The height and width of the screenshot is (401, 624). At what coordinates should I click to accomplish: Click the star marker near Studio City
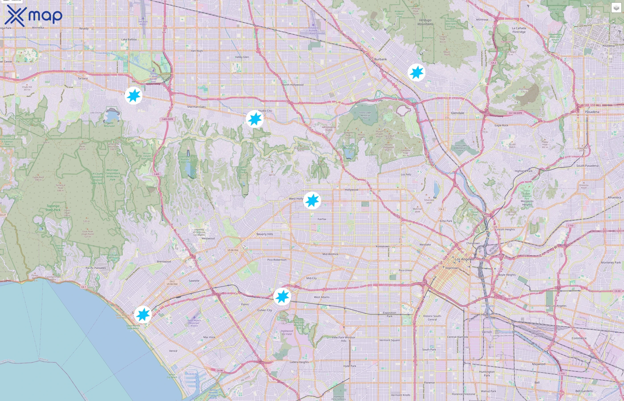coord(255,119)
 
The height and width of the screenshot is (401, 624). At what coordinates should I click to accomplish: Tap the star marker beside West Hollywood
coord(312,200)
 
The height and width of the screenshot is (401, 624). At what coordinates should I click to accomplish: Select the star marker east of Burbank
coord(417,72)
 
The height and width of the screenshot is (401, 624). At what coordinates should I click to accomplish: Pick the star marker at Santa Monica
coord(143,315)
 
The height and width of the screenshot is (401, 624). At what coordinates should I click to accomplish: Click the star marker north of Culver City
coord(282,296)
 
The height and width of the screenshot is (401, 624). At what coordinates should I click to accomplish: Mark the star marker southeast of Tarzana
coord(133,96)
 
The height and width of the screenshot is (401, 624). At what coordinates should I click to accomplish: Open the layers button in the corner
coord(616,8)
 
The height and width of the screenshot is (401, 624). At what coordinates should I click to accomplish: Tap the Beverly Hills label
coord(265,234)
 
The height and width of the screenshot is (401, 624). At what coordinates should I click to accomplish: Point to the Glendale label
coord(457,113)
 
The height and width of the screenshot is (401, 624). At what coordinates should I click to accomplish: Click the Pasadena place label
coord(592,112)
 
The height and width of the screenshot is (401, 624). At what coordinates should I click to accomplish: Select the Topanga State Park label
coord(53,208)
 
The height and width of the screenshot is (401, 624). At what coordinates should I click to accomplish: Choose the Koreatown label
coord(383,246)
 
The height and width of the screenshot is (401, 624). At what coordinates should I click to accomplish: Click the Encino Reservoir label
coord(109,124)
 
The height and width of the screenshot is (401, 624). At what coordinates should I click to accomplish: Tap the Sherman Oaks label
coord(196,107)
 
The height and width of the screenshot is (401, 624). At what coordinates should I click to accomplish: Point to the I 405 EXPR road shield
coord(167,119)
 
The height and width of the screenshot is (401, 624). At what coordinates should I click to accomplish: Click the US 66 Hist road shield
coord(233,250)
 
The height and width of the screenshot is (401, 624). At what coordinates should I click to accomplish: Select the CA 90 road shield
coord(220,370)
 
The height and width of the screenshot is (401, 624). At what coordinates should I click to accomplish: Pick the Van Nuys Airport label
coord(143,23)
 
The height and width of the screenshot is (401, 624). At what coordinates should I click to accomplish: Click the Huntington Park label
coord(487,373)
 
